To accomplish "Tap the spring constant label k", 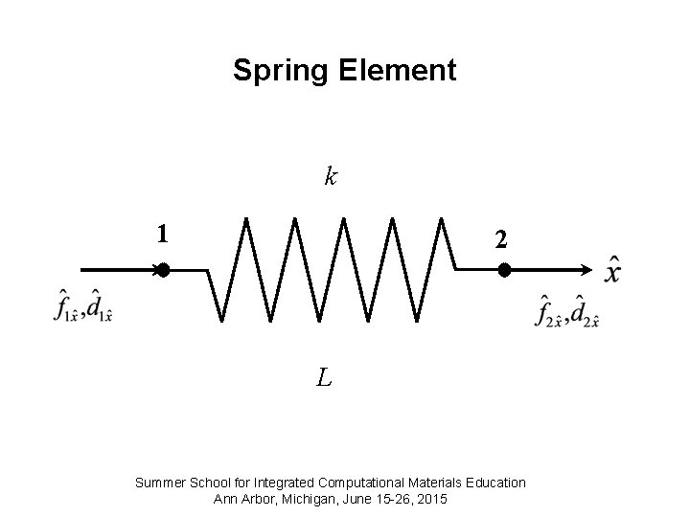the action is tap(330, 176).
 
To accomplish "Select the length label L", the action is tap(325, 379).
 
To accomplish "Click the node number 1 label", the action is tap(164, 233).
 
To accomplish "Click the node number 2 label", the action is tap(500, 240).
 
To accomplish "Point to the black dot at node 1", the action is tap(163, 271).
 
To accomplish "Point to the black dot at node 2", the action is tap(504, 271).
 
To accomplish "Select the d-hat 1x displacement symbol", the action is tap(100, 305).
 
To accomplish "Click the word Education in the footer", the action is tap(494, 483).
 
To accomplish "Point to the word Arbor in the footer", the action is tap(261, 499).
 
